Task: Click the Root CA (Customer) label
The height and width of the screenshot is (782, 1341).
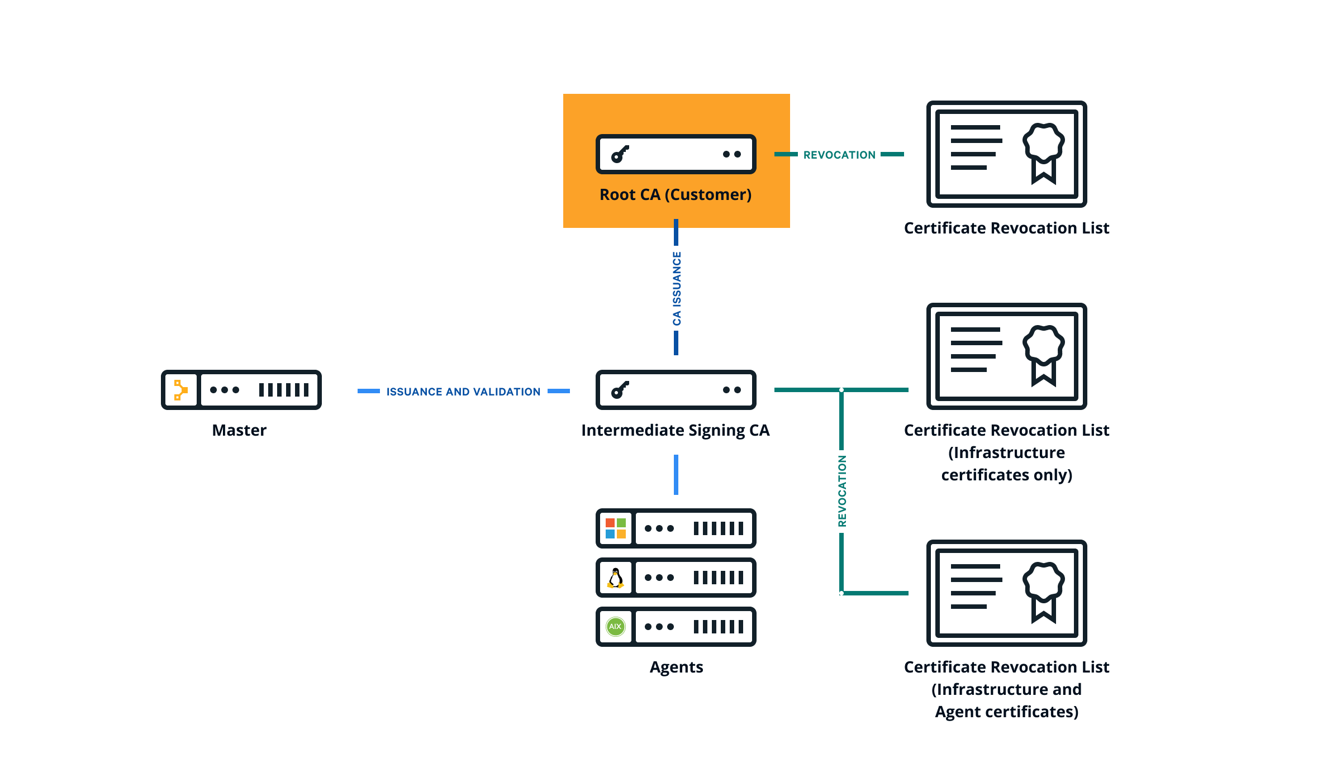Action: coord(676,194)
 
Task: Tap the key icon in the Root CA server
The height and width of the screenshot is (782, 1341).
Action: coord(620,154)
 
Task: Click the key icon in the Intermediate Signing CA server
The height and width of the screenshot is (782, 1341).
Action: coord(620,390)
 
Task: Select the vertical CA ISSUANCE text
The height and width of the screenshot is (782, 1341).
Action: coord(677,288)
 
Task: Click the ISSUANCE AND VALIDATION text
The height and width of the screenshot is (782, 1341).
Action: coord(463,392)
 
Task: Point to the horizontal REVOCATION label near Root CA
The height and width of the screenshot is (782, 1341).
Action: coord(839,155)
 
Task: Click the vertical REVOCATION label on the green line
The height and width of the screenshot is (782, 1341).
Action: coord(842,491)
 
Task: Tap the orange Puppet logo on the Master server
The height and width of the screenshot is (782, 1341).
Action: coord(180,390)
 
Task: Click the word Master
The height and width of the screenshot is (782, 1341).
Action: coord(239,430)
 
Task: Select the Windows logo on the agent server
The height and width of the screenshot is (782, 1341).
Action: coord(616,528)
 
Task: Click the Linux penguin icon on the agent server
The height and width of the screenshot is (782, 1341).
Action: coord(616,578)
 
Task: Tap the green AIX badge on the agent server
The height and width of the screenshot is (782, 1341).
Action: coord(616,627)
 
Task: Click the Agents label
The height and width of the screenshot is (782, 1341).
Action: coord(676,667)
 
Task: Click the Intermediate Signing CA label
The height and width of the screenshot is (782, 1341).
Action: coord(675,430)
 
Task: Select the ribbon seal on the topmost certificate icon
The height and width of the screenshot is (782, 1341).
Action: coord(1043,152)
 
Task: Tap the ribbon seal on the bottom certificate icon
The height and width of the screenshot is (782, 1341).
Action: coord(1043,592)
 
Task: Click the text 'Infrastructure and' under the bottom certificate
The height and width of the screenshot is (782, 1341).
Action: coord(1006,689)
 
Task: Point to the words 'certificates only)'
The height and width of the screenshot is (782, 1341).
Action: coord(1006,475)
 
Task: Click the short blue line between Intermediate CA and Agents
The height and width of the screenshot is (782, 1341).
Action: coord(676,475)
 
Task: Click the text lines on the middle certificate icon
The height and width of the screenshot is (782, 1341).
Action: coord(975,350)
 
